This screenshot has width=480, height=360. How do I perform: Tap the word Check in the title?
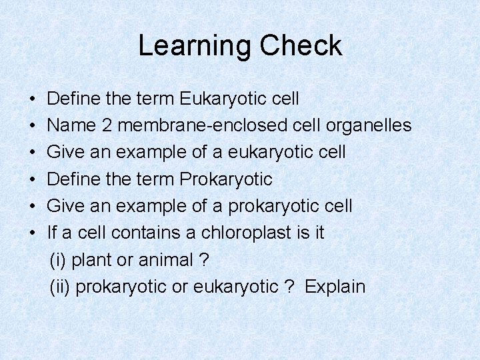301,46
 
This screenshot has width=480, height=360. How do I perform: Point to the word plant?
93,260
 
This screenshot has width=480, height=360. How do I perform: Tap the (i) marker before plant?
58,260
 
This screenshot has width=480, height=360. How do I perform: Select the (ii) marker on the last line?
60,287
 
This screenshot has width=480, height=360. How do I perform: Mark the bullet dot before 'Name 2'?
33,126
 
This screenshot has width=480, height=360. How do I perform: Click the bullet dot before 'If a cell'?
33,233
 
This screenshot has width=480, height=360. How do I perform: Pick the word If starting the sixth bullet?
53,233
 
